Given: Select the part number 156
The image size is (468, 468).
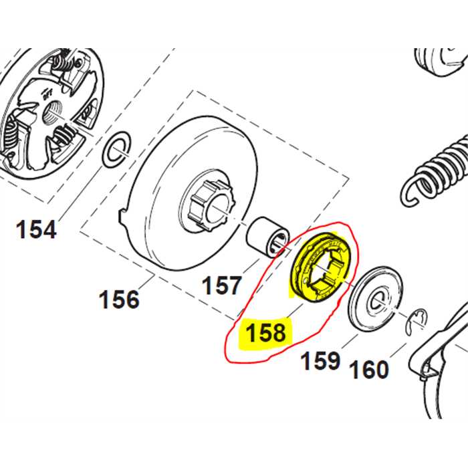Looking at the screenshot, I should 120,298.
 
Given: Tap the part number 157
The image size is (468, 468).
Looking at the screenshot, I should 221,285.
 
